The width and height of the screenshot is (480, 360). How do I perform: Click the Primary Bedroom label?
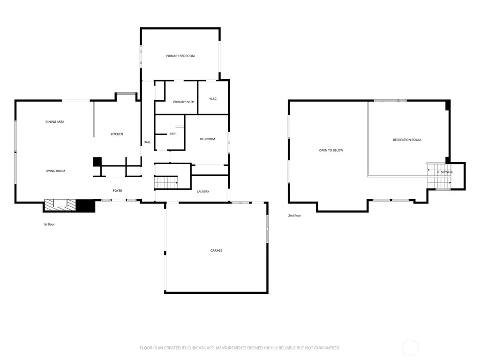pyautogui.click(x=180, y=56)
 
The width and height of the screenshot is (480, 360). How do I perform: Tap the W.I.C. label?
pyautogui.click(x=213, y=98)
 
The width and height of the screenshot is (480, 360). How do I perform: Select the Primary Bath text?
pyautogui.click(x=183, y=102)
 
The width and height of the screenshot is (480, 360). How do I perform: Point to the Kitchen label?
pyautogui.click(x=117, y=134)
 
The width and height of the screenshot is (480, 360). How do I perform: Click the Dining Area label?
pyautogui.click(x=55, y=122)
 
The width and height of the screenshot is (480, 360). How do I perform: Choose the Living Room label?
pyautogui.click(x=55, y=171)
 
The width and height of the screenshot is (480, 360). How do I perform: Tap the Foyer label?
pyautogui.click(x=118, y=191)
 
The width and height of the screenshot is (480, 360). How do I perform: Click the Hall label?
pyautogui.click(x=147, y=142)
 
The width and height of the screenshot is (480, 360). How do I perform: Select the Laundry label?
pyautogui.click(x=203, y=192)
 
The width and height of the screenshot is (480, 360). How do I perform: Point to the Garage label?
pyautogui.click(x=216, y=250)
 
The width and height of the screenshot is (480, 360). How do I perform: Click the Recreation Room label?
pyautogui.click(x=407, y=140)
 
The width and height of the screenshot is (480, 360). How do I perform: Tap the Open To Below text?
pyautogui.click(x=331, y=150)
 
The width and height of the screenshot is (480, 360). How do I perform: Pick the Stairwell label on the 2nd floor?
pyautogui.click(x=445, y=172)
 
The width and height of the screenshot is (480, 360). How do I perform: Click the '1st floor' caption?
pyautogui.click(x=49, y=225)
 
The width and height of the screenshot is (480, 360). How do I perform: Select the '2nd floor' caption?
pyautogui.click(x=294, y=216)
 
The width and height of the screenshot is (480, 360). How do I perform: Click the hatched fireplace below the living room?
pyautogui.click(x=60, y=205)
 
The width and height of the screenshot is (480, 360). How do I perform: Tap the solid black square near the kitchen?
pyautogui.click(x=97, y=162)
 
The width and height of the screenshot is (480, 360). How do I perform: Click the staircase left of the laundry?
pyautogui.click(x=166, y=183)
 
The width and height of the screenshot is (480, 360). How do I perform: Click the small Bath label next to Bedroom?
pyautogui.click(x=173, y=134)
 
